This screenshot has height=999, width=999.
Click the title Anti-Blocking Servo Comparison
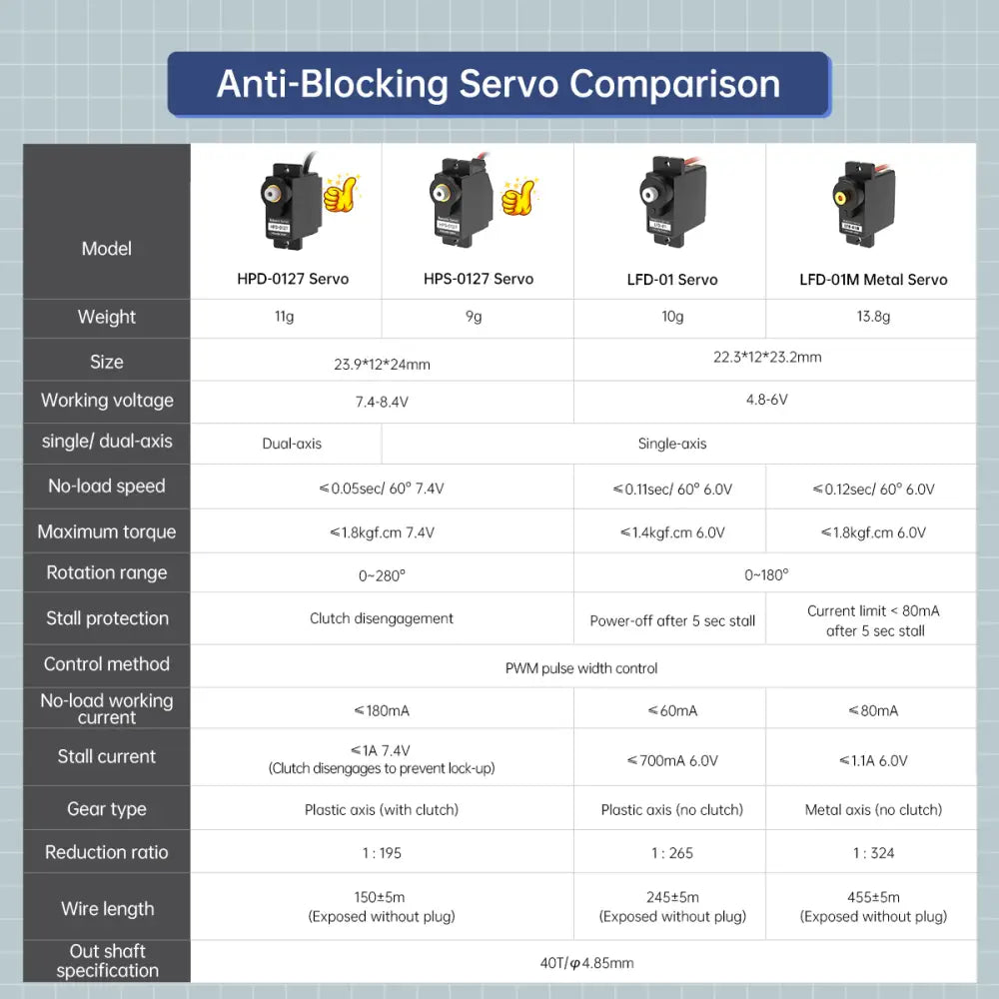coord(499,84)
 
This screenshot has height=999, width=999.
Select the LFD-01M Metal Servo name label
coord(873,280)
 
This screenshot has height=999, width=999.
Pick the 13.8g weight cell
coord(873,317)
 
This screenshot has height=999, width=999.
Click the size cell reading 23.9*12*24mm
coord(382,364)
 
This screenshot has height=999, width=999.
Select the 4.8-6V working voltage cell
coord(766,400)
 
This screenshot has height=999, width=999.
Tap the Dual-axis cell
coord(292,444)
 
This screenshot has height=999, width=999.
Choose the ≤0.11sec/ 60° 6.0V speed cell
coord(672,490)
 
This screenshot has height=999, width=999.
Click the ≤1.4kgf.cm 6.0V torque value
coord(672,532)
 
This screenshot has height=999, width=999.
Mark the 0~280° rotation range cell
coord(382,574)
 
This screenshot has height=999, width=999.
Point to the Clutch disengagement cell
coord(382,618)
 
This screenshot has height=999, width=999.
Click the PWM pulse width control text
coord(581,667)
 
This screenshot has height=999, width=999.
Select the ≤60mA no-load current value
coord(672,710)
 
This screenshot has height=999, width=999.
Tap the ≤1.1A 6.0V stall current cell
coord(873,760)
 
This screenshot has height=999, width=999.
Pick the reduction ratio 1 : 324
coord(873,853)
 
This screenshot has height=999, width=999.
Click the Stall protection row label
coord(107,618)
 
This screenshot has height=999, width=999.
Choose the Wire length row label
coord(107,909)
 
